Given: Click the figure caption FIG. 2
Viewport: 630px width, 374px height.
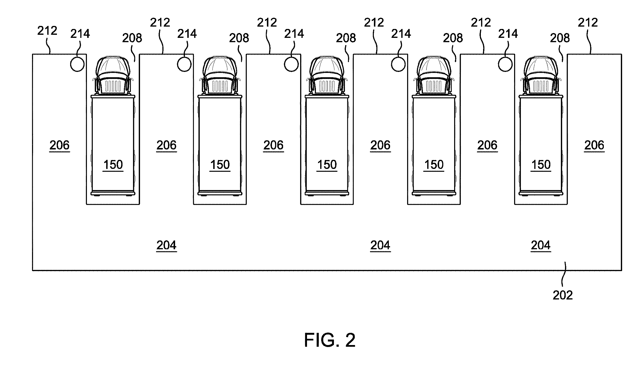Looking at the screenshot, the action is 330,340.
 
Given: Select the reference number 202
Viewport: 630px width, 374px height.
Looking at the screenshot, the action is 563,295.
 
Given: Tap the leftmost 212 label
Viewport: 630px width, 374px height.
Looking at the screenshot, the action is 47,31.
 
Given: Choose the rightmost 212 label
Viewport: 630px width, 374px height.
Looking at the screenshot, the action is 588,23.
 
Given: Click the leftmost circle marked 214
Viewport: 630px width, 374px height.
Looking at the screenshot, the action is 77,64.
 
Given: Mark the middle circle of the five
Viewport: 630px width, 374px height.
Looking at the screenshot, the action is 291,64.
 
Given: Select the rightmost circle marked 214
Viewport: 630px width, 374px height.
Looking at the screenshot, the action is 505,64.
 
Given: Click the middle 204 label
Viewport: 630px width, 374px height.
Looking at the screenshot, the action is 380,246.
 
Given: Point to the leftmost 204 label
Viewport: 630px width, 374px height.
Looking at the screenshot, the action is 166,246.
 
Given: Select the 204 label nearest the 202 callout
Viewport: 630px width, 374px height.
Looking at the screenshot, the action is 541,246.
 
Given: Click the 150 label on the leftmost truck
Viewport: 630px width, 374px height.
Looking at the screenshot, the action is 113,165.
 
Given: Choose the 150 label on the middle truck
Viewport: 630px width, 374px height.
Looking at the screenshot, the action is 327,165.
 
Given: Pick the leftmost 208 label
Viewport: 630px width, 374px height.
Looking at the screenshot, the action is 132,38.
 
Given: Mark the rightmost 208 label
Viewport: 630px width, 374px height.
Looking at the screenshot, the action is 560,38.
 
